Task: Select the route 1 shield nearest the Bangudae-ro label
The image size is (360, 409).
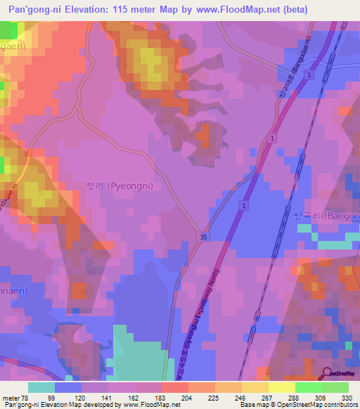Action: point(309,74)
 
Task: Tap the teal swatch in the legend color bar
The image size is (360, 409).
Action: point(41,387)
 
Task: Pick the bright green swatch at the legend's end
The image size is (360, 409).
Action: point(335,387)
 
